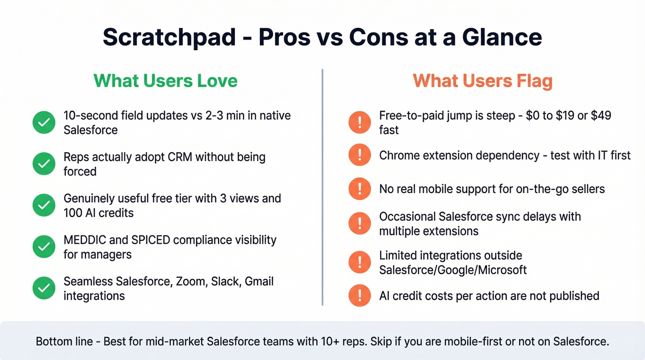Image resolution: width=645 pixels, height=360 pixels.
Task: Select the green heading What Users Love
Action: tap(165, 81)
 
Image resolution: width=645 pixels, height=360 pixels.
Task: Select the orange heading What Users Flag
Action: tap(482, 81)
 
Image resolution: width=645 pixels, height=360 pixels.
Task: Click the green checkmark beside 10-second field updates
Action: tap(44, 123)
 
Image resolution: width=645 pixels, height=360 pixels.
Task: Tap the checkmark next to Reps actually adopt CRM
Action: tap(44, 164)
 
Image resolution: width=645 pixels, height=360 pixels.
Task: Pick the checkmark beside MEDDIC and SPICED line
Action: tap(44, 247)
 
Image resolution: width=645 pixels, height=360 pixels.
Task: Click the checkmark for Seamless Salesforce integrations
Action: tap(44, 289)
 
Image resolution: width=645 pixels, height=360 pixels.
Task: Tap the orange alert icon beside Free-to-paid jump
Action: tap(360, 123)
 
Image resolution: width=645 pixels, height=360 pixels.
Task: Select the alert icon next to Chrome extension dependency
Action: tap(360, 155)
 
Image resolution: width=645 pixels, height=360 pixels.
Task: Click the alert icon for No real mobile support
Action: tap(360, 189)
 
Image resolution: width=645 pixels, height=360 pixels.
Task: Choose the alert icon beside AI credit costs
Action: tap(360, 295)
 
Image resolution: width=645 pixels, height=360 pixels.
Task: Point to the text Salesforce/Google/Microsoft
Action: tap(452, 270)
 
